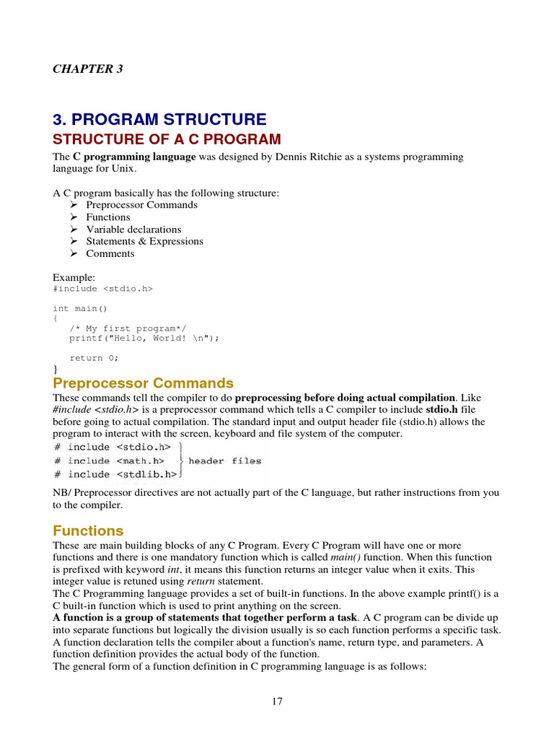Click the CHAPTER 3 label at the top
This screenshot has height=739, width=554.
click(x=88, y=69)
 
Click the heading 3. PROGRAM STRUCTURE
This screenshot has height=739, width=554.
click(x=159, y=120)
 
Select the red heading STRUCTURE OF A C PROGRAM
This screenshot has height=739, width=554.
click(x=167, y=139)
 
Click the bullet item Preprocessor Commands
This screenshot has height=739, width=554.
click(x=141, y=205)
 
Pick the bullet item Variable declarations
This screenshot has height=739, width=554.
click(x=133, y=229)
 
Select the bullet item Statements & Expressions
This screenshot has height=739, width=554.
click(x=144, y=241)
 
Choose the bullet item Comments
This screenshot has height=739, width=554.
click(x=110, y=253)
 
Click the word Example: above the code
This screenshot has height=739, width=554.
click(x=74, y=277)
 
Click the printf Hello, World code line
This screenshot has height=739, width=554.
click(x=144, y=338)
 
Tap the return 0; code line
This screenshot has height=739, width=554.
click(x=94, y=358)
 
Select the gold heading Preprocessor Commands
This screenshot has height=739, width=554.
click(x=143, y=383)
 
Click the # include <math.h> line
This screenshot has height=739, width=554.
click(x=109, y=461)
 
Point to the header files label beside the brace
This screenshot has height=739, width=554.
click(x=225, y=461)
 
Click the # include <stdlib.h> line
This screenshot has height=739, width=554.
click(x=115, y=474)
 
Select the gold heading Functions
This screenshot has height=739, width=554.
click(x=88, y=531)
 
